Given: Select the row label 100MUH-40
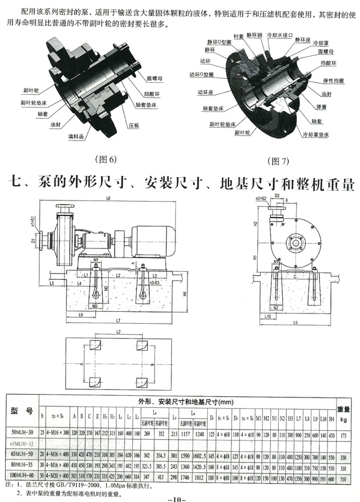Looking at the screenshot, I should coord(22,475).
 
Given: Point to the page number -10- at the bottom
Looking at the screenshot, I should coord(178,499).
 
